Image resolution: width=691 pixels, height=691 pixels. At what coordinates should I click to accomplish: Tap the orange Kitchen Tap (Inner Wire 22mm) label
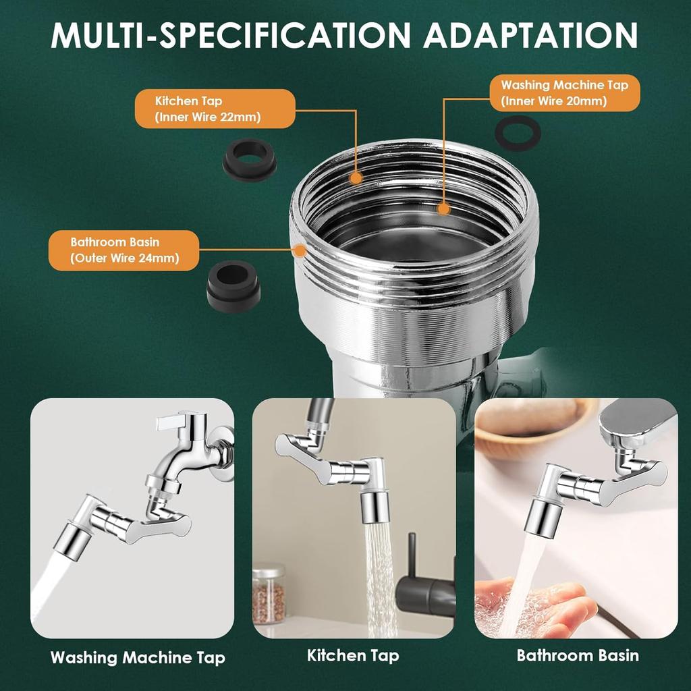click(x=215, y=109)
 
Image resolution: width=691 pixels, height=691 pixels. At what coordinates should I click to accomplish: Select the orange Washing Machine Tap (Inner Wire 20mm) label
click(x=564, y=93)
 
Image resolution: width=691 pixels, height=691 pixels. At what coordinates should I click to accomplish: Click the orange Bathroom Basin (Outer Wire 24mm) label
click(x=124, y=250)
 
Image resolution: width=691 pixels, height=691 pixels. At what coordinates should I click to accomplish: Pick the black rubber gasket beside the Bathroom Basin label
click(x=233, y=284)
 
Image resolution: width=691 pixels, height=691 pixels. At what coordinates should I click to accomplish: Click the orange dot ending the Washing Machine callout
click(x=443, y=209)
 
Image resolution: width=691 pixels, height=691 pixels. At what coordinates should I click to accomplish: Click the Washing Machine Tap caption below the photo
click(x=138, y=657)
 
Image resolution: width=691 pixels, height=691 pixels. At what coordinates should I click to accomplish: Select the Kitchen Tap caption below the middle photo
click(x=353, y=655)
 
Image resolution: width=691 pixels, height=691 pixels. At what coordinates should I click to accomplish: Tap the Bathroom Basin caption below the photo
click(x=578, y=655)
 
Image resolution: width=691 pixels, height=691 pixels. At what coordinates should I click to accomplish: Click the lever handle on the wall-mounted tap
click(x=176, y=422)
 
